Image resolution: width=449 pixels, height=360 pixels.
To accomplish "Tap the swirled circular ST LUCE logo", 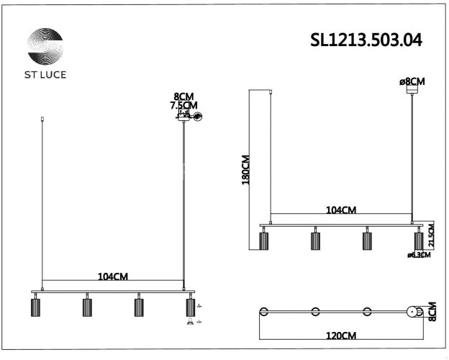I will coord(45,48).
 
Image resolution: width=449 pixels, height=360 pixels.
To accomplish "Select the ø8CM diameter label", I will coord(412,81).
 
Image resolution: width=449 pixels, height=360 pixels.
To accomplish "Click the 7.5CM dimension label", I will coord(183,105).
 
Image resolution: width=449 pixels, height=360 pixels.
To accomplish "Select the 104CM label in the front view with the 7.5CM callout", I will coord(113,276).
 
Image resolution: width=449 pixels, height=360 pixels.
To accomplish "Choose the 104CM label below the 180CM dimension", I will coord(340,210).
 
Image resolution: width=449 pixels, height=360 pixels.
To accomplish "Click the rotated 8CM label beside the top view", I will coord(432,311).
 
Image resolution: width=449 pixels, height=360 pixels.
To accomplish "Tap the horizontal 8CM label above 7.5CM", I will coord(183,96).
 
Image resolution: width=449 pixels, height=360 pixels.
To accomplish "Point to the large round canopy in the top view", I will coord(414,312).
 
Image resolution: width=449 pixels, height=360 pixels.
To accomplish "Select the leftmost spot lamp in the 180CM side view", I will coord(263,240).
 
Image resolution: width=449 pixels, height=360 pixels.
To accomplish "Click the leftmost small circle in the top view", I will coord(264,312).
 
